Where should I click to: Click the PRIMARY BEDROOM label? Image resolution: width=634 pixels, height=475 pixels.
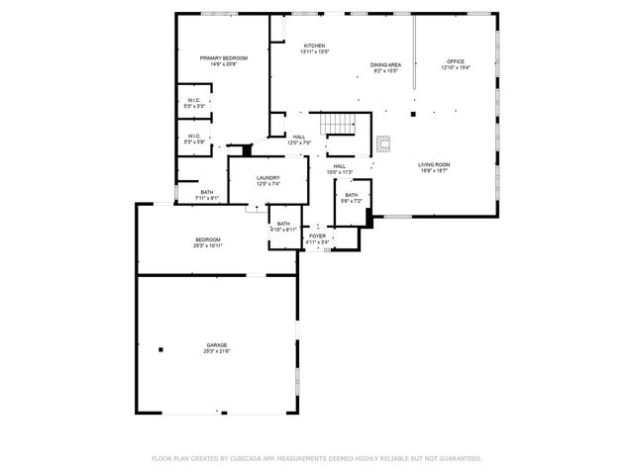coord(223,58)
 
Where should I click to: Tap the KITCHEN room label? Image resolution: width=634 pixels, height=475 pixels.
coord(314,46)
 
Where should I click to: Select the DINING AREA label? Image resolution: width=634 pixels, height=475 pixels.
coord(385,64)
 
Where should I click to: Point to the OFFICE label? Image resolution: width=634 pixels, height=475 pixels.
coord(455,61)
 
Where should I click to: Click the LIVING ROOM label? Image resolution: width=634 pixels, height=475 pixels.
coord(433,164)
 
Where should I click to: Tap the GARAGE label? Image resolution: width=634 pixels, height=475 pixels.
coord(216,344)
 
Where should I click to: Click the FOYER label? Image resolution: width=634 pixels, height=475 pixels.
coord(317,237)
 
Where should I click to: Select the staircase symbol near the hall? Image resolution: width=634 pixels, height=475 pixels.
coord(341,125)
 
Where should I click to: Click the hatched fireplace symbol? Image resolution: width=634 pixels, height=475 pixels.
coord(383,144)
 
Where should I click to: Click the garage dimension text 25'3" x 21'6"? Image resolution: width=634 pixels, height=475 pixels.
coord(216,351)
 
